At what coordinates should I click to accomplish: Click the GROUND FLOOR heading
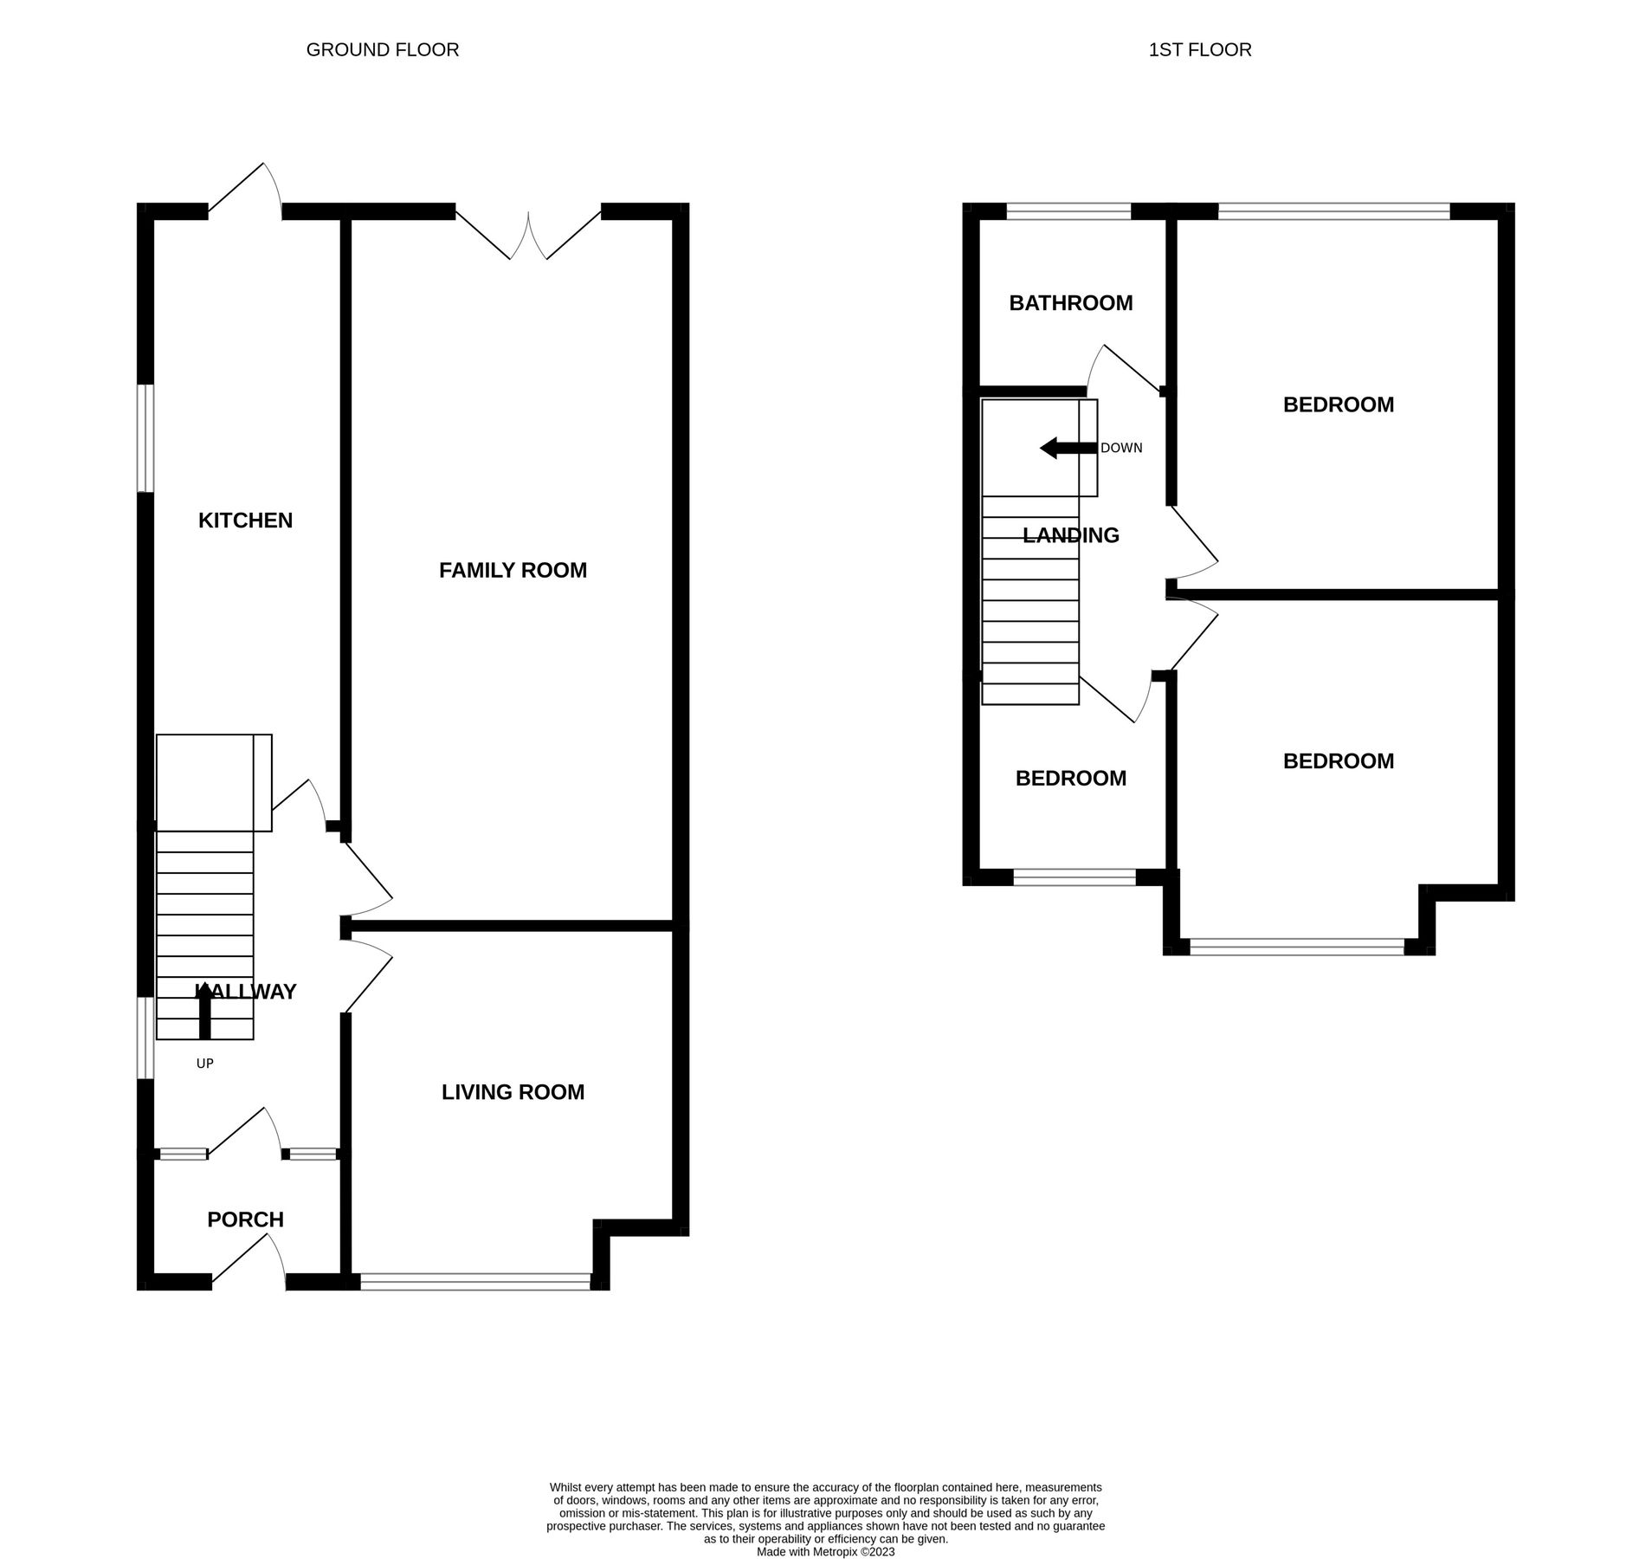pos(382,50)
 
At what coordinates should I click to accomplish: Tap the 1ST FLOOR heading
pos(1199,50)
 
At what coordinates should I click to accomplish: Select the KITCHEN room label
pos(245,521)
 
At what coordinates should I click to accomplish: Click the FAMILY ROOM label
pos(513,570)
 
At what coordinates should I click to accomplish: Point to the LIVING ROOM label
pos(513,1092)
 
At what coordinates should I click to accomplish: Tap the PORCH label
pos(245,1219)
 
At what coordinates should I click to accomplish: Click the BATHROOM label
pos(1070,303)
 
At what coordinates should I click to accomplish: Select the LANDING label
pos(1070,535)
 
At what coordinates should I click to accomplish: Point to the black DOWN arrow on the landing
pos(1067,448)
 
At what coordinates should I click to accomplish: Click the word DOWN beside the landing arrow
pos(1121,449)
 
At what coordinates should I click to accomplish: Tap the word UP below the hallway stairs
pos(204,1064)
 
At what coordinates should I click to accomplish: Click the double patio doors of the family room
pos(528,234)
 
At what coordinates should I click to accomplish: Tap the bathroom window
pos(1068,211)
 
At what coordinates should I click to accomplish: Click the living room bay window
pos(475,1282)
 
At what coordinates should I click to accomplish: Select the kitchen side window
pos(146,438)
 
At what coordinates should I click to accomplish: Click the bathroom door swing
pos(1123,368)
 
